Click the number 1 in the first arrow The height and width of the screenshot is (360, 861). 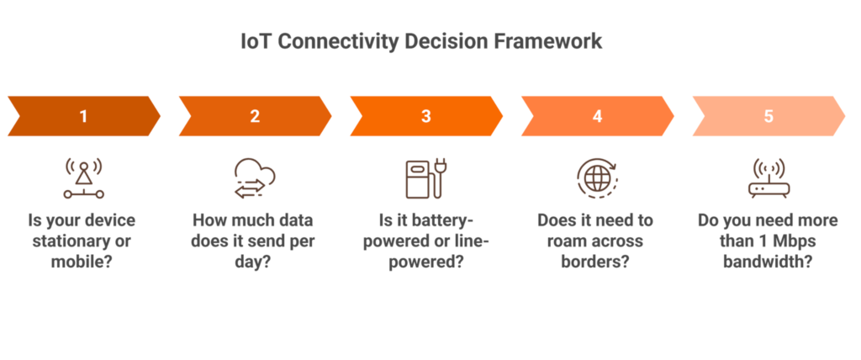[83, 116]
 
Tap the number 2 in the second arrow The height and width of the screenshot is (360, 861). [255, 116]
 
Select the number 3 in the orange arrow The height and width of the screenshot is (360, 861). [426, 116]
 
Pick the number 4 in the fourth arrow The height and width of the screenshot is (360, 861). [597, 116]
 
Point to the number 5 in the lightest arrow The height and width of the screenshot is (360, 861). [769, 116]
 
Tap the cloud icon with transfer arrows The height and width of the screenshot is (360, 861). [255, 177]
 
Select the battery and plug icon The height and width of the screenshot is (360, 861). [425, 177]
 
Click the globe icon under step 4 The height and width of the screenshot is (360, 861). [597, 177]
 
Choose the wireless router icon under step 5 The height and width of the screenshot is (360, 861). [769, 177]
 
